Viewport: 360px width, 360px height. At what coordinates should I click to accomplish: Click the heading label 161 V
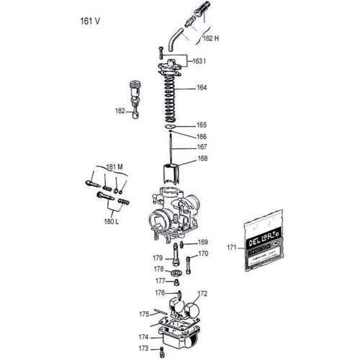(x=89, y=21)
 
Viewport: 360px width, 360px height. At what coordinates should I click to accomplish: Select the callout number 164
(x=201, y=88)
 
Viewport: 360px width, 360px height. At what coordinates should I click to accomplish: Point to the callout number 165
(x=201, y=125)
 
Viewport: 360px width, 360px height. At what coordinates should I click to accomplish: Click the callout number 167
(x=201, y=147)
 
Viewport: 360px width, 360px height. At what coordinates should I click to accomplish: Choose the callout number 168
(x=202, y=158)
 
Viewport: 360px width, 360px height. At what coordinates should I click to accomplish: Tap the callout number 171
(x=232, y=247)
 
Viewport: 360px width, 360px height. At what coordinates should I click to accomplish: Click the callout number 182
(x=120, y=111)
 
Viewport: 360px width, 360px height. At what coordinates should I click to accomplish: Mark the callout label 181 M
(x=114, y=166)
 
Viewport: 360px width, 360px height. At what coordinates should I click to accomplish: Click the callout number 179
(x=157, y=257)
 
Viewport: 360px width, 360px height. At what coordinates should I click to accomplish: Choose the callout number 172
(x=202, y=293)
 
